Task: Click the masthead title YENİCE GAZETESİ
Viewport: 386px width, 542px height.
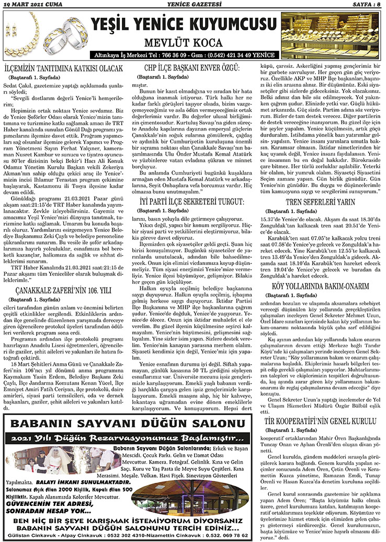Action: click(x=192, y=5)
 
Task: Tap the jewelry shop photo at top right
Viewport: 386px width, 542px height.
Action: click(x=331, y=34)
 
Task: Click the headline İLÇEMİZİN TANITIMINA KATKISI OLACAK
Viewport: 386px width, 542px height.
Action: click(x=63, y=68)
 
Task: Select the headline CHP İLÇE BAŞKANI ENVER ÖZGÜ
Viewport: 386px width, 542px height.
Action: click(x=192, y=68)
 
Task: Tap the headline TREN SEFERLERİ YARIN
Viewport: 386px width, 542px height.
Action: click(x=321, y=202)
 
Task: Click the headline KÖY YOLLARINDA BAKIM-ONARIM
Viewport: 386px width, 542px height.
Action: click(x=321, y=286)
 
